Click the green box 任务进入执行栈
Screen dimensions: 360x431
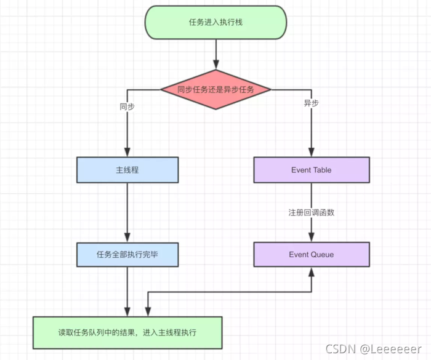(216, 22)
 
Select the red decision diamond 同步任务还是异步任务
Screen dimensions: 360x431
(216, 89)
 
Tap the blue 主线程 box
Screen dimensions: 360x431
(127, 170)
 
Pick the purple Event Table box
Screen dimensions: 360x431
(311, 170)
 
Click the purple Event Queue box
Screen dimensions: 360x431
(311, 254)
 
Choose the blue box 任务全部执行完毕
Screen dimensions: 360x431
(127, 254)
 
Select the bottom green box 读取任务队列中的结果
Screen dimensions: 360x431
(127, 332)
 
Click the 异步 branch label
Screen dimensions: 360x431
(312, 103)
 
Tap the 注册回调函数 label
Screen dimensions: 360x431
(312, 212)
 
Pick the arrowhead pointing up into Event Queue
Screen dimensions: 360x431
(312, 271)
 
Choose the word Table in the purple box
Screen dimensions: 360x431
(321, 170)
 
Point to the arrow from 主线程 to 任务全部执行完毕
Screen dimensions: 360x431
(127, 209)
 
